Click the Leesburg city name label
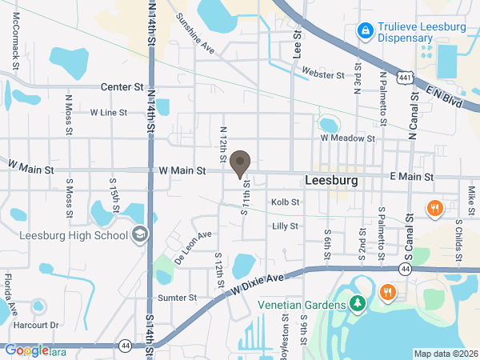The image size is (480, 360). point(331,181)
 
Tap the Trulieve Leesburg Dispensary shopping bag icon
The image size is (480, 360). point(365,31)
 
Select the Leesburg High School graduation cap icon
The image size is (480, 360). point(139,235)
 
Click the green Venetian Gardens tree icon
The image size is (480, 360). point(358,304)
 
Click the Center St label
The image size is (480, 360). point(122,86)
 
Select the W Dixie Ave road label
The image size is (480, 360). point(257,284)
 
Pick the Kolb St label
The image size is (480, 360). point(285,202)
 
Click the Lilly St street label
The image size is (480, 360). point(285,226)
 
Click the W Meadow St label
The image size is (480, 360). point(348,138)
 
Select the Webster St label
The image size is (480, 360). point(323,74)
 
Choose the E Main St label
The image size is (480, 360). point(411,177)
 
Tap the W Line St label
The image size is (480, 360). point(109,113)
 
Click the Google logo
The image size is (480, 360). point(26,350)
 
